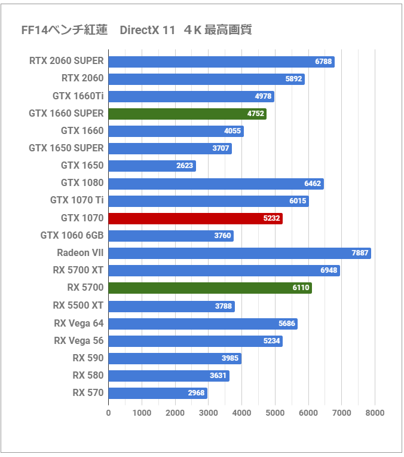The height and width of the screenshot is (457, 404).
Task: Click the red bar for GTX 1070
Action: (195, 218)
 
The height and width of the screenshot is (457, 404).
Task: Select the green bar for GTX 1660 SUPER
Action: (187, 114)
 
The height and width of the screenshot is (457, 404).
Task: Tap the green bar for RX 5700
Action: (210, 288)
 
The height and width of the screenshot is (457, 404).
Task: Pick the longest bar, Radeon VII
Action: (239, 253)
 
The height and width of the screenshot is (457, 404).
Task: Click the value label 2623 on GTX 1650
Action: (185, 166)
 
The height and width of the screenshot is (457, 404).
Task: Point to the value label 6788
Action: (323, 62)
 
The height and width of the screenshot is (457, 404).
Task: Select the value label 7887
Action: (360, 253)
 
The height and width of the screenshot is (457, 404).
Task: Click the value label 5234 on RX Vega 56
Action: (271, 341)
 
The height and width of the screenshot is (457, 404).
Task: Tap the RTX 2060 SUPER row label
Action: (66, 61)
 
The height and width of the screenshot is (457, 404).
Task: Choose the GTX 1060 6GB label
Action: (72, 236)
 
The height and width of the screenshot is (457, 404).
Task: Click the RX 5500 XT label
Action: (78, 305)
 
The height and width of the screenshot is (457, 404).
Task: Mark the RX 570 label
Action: (88, 392)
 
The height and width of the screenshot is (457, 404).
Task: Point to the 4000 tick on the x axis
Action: (241, 413)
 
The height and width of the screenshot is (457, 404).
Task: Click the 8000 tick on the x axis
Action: (375, 413)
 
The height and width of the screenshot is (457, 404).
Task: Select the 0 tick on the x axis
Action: (108, 413)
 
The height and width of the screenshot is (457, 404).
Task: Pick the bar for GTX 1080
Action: (216, 184)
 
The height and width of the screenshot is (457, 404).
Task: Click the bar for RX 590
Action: (175, 358)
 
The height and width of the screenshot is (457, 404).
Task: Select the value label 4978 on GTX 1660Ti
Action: (263, 96)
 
